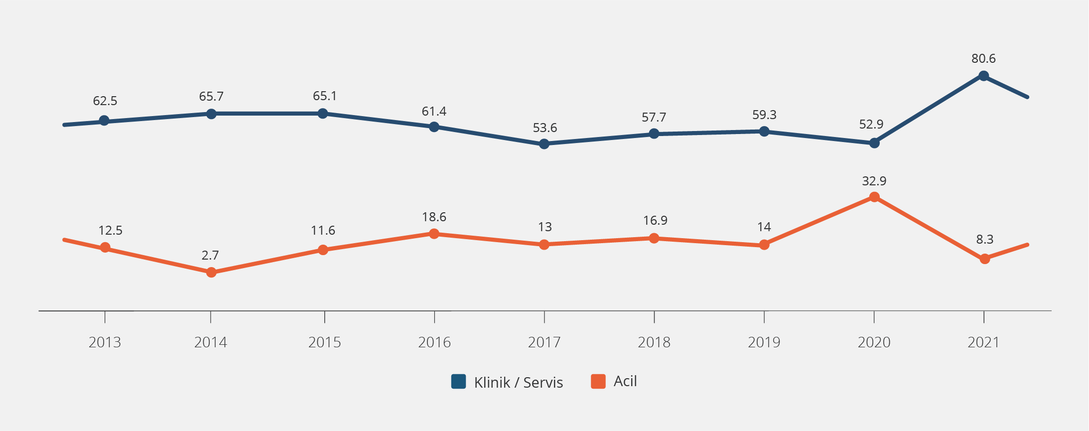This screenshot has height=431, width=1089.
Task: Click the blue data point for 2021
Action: (983, 76)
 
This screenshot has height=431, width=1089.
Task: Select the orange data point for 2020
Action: (874, 197)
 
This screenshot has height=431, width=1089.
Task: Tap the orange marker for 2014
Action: (211, 273)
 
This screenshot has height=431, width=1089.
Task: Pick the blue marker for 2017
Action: (544, 144)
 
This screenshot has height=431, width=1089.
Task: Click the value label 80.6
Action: (983, 59)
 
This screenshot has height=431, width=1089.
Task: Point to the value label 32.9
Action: (874, 181)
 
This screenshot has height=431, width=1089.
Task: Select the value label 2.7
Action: (210, 256)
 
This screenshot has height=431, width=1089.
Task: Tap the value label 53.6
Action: (545, 128)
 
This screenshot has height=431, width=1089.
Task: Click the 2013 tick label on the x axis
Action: (105, 342)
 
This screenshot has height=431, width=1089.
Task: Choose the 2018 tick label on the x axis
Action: (654, 342)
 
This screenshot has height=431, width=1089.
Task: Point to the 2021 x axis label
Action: (983, 342)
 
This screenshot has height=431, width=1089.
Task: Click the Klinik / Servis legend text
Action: (519, 382)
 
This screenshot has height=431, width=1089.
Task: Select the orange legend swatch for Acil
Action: (598, 381)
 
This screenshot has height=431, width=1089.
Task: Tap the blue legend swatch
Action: (458, 381)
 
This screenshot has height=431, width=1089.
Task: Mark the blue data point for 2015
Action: (323, 114)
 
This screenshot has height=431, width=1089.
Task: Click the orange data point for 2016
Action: (434, 234)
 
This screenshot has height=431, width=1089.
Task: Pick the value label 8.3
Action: (985, 240)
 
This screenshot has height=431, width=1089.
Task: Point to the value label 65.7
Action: (211, 97)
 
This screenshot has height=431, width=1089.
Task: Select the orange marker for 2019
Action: (764, 245)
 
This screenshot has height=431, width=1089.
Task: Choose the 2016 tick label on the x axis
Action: (434, 342)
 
